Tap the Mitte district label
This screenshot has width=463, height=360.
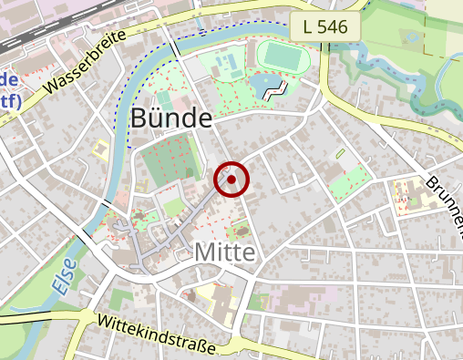tap(222, 252)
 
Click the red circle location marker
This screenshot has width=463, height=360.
tap(232, 180)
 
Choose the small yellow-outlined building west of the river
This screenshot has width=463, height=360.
tap(100, 148)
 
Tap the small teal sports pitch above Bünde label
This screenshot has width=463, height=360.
tap(164, 98)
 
